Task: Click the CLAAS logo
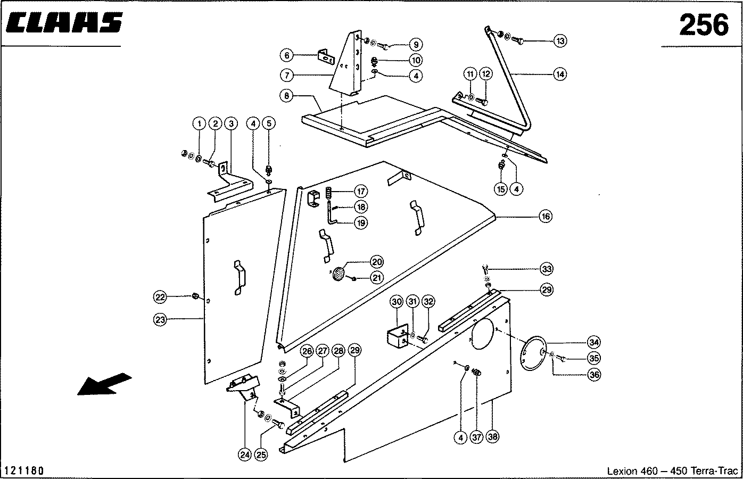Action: (x=64, y=22)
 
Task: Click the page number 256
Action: (x=704, y=26)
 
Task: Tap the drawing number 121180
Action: (x=24, y=470)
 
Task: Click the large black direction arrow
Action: (x=104, y=384)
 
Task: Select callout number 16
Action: (x=546, y=217)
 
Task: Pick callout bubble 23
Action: (x=160, y=320)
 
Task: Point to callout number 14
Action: (x=560, y=75)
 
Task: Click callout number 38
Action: (x=492, y=436)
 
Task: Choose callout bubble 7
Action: (x=287, y=75)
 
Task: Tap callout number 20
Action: (x=377, y=262)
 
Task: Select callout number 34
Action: (x=594, y=342)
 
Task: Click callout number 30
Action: (x=397, y=302)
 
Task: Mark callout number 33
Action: (x=547, y=269)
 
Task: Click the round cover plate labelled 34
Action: (x=533, y=353)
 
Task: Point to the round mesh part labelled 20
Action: (x=339, y=274)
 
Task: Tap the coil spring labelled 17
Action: (x=328, y=193)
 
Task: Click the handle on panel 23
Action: (x=240, y=278)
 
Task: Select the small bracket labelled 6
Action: (x=326, y=57)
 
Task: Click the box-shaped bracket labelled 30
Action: (x=398, y=336)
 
